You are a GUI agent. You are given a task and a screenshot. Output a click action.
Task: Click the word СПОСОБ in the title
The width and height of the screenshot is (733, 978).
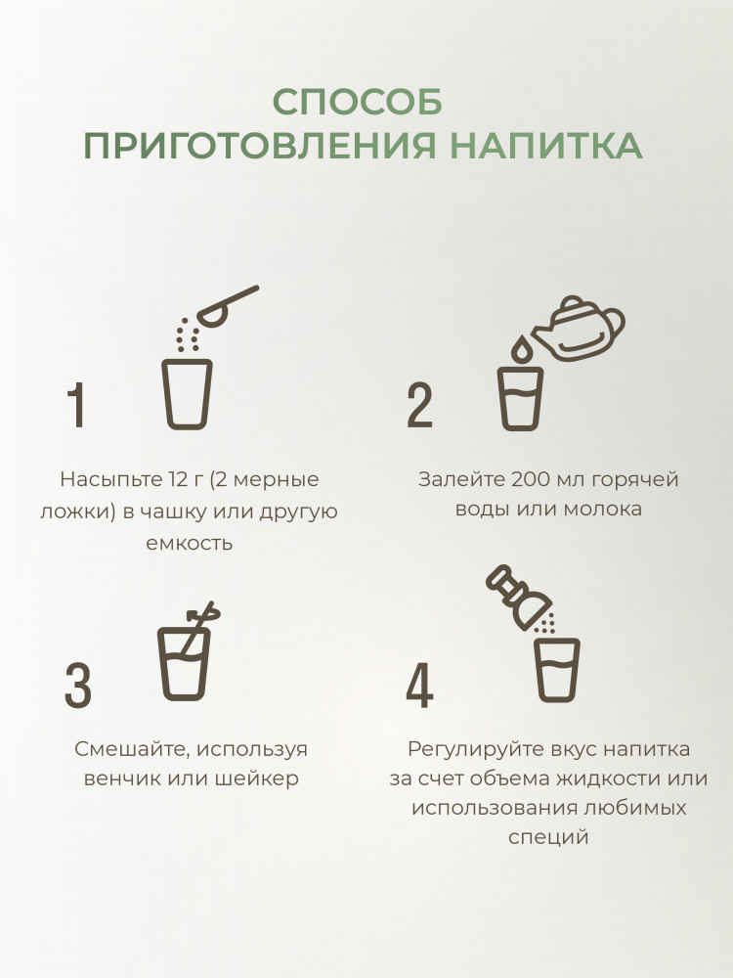(357, 102)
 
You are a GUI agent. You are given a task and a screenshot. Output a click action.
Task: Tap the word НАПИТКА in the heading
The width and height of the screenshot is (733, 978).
(546, 146)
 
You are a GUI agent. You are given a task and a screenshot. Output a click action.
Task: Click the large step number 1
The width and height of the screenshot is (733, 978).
(76, 405)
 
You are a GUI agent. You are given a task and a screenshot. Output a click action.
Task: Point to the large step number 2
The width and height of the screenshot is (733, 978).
(419, 405)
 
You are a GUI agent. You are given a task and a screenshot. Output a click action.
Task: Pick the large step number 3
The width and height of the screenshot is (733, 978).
(78, 686)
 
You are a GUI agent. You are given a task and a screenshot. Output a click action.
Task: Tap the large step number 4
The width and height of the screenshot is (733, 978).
(419, 686)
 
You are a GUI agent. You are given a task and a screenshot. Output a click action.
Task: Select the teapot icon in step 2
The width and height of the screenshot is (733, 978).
(578, 329)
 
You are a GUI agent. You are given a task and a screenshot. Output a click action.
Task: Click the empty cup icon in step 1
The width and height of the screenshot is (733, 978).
(187, 393)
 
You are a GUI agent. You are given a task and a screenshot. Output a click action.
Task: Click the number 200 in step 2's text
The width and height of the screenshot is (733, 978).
(531, 479)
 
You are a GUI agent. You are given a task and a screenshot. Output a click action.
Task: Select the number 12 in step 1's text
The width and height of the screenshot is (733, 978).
(178, 479)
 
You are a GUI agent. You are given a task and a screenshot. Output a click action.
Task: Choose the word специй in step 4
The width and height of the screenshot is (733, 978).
(548, 837)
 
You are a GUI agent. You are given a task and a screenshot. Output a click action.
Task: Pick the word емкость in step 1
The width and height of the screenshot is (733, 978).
(190, 543)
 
